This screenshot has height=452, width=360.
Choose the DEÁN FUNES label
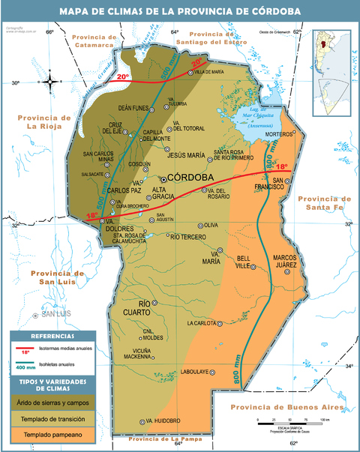click(x=133, y=109)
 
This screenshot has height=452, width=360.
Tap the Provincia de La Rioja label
click(x=43, y=121)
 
